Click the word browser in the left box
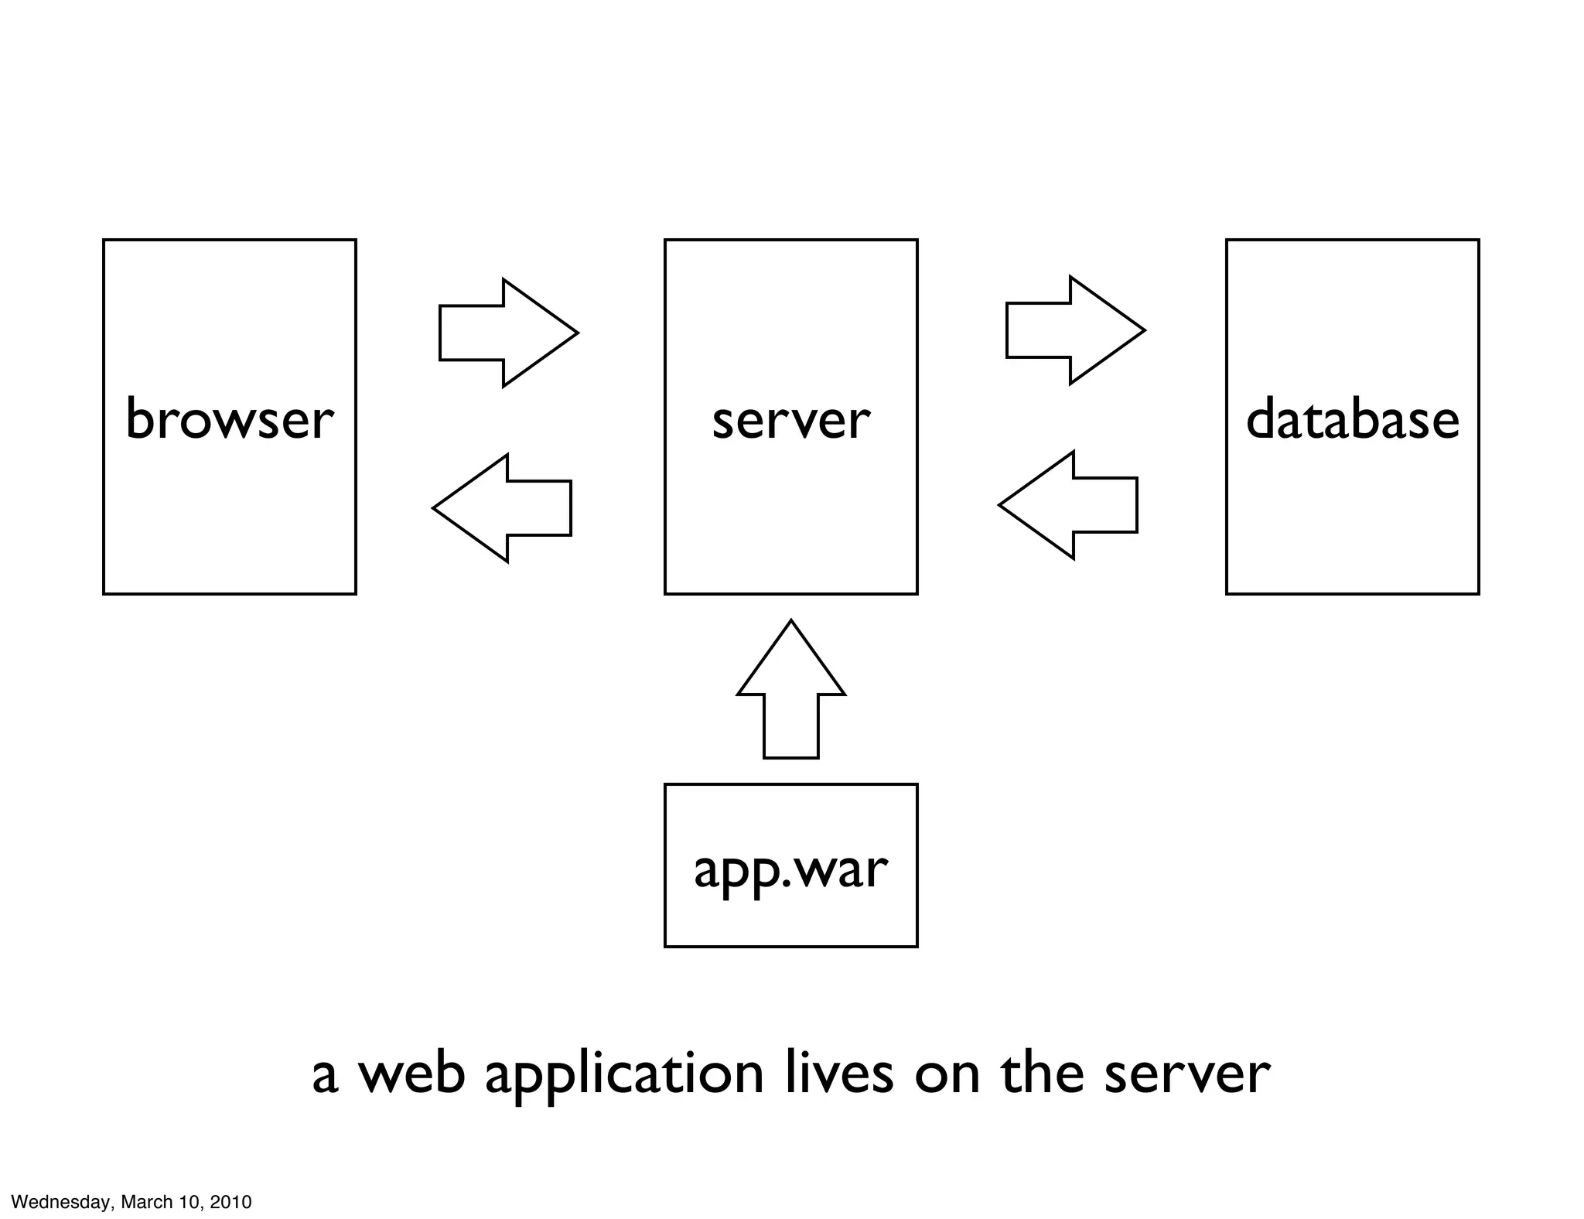pyautogui.click(x=229, y=420)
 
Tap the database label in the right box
pyautogui.click(x=1352, y=420)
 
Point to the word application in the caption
pyautogui.click(x=624, y=1075)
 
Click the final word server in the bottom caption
pyautogui.click(x=1186, y=1075)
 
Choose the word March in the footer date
pyautogui.click(x=148, y=1202)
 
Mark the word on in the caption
pyautogui.click(x=947, y=1075)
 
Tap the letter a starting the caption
pyautogui.click(x=325, y=1077)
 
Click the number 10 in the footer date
pyautogui.click(x=190, y=1202)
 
